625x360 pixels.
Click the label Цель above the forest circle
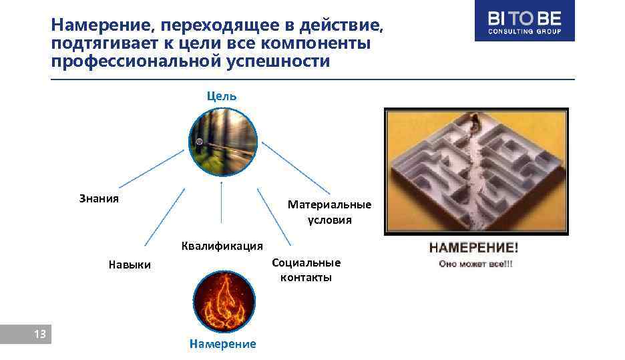(221, 96)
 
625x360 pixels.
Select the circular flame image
(224, 300)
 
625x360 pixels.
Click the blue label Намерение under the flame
(222, 344)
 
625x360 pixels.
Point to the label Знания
(99, 198)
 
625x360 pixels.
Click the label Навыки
(130, 265)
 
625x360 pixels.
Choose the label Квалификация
(222, 246)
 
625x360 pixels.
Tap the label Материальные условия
(329, 212)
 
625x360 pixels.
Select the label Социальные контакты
(306, 270)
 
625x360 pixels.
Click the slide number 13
(39, 335)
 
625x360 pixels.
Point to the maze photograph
(476, 172)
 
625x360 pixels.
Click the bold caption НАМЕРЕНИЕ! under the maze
(473, 248)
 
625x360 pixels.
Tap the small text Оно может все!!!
(475, 264)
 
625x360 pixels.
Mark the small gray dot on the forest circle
(199, 142)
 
